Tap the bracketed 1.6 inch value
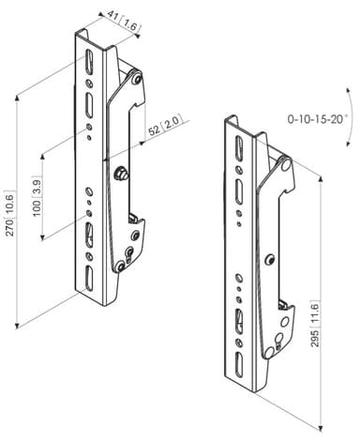click(130, 24)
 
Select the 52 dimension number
click(154, 130)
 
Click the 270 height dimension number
click(9, 227)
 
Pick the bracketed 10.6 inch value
click(9, 205)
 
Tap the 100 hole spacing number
click(37, 208)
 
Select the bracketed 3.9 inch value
click(37, 188)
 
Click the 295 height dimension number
click(315, 338)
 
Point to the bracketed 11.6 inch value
click(315, 313)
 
